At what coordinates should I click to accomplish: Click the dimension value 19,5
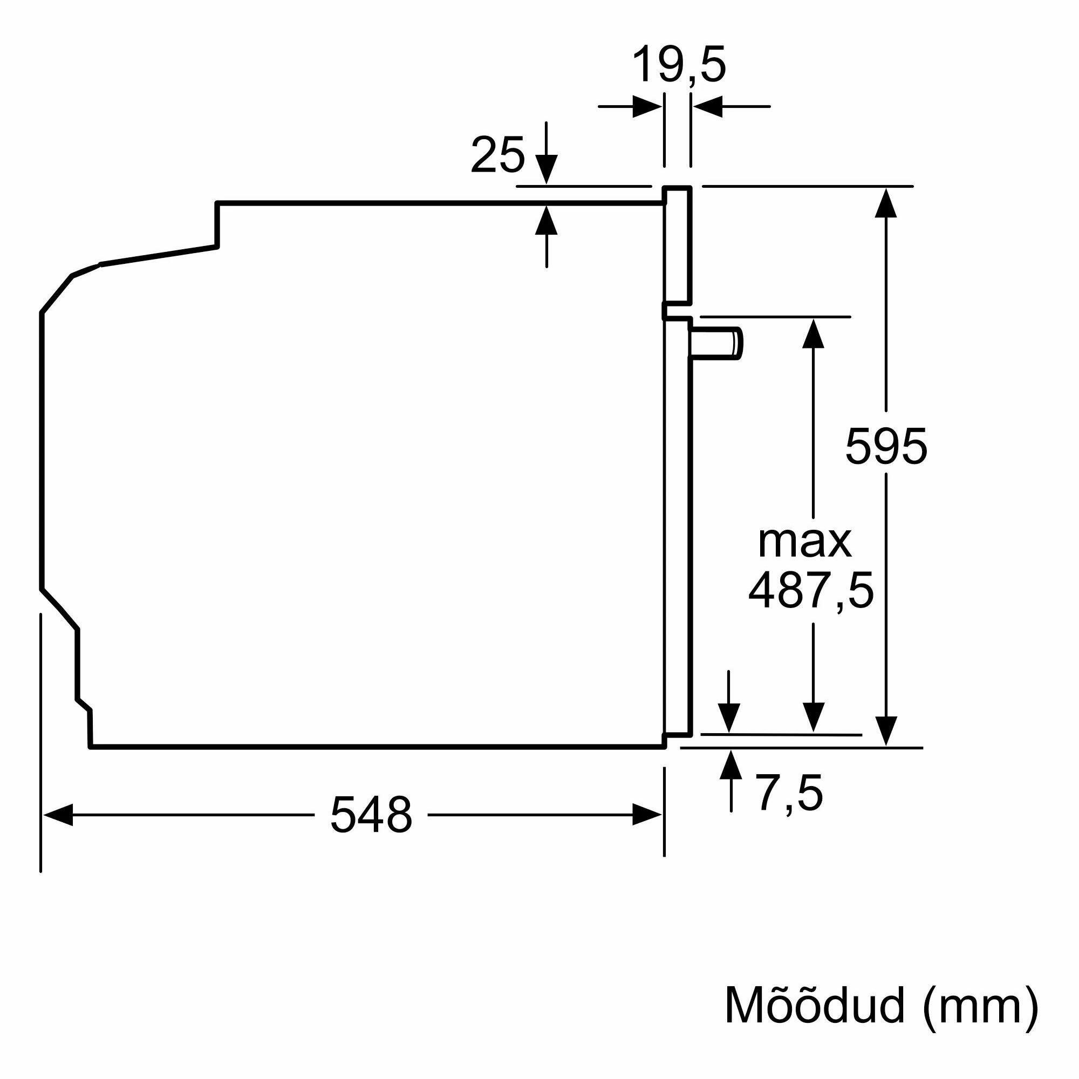coord(679,66)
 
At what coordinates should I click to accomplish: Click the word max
coord(805,542)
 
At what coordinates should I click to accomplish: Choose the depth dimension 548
coord(371,815)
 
